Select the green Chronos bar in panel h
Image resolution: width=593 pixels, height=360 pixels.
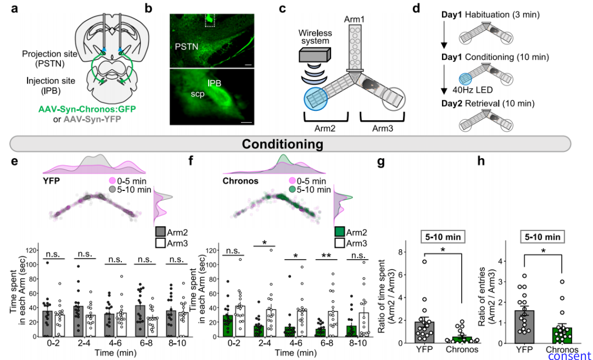tap(562, 335)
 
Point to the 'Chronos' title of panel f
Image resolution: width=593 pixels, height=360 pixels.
tap(239, 180)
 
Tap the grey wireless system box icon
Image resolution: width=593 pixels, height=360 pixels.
tap(315, 55)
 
